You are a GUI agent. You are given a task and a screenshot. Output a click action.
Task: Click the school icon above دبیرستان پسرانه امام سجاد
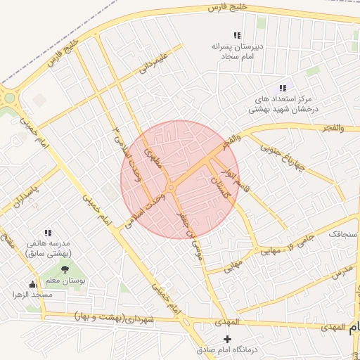click(x=237, y=35)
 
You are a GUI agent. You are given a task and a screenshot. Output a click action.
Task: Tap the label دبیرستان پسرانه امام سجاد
click(x=237, y=50)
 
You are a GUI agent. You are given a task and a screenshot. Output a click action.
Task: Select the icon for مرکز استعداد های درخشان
click(x=282, y=89)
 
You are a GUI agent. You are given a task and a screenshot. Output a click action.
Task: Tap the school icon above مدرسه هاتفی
click(x=48, y=233)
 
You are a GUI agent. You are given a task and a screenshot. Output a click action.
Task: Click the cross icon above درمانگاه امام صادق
click(x=226, y=339)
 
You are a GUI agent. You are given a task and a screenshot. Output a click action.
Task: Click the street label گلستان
click(x=219, y=187)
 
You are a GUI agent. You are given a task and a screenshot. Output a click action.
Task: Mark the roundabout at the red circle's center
click(x=171, y=188)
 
